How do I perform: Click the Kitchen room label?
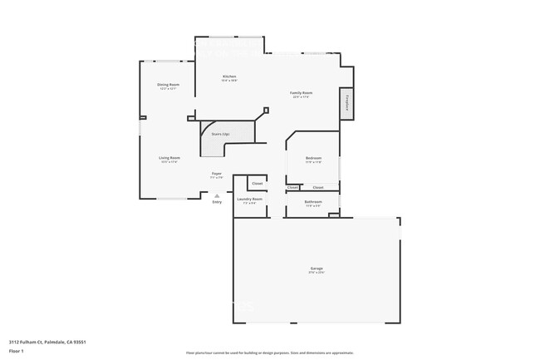pyautogui.click(x=229, y=76)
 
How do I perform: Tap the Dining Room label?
pyautogui.click(x=169, y=85)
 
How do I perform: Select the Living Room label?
pyautogui.click(x=169, y=157)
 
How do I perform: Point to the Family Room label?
pyautogui.click(x=301, y=92)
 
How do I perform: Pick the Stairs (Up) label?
pyautogui.click(x=220, y=133)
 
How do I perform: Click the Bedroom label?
pyautogui.click(x=313, y=158)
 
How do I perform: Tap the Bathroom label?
pyautogui.click(x=313, y=201)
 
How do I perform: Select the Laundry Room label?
pyautogui.click(x=250, y=199)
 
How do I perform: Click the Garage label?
pyautogui.click(x=317, y=268)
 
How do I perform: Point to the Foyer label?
pyautogui.click(x=216, y=173)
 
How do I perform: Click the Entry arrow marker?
pyautogui.click(x=217, y=195)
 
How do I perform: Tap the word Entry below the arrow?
pyautogui.click(x=217, y=202)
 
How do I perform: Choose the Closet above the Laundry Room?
pyautogui.click(x=258, y=183)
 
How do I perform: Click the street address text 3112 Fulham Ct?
pyautogui.click(x=47, y=341)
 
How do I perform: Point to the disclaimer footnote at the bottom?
pyautogui.click(x=269, y=353)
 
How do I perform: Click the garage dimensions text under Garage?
pyautogui.click(x=317, y=272)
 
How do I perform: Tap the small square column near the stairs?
pyautogui.click(x=266, y=110)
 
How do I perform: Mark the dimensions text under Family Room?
pyautogui.click(x=301, y=97)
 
